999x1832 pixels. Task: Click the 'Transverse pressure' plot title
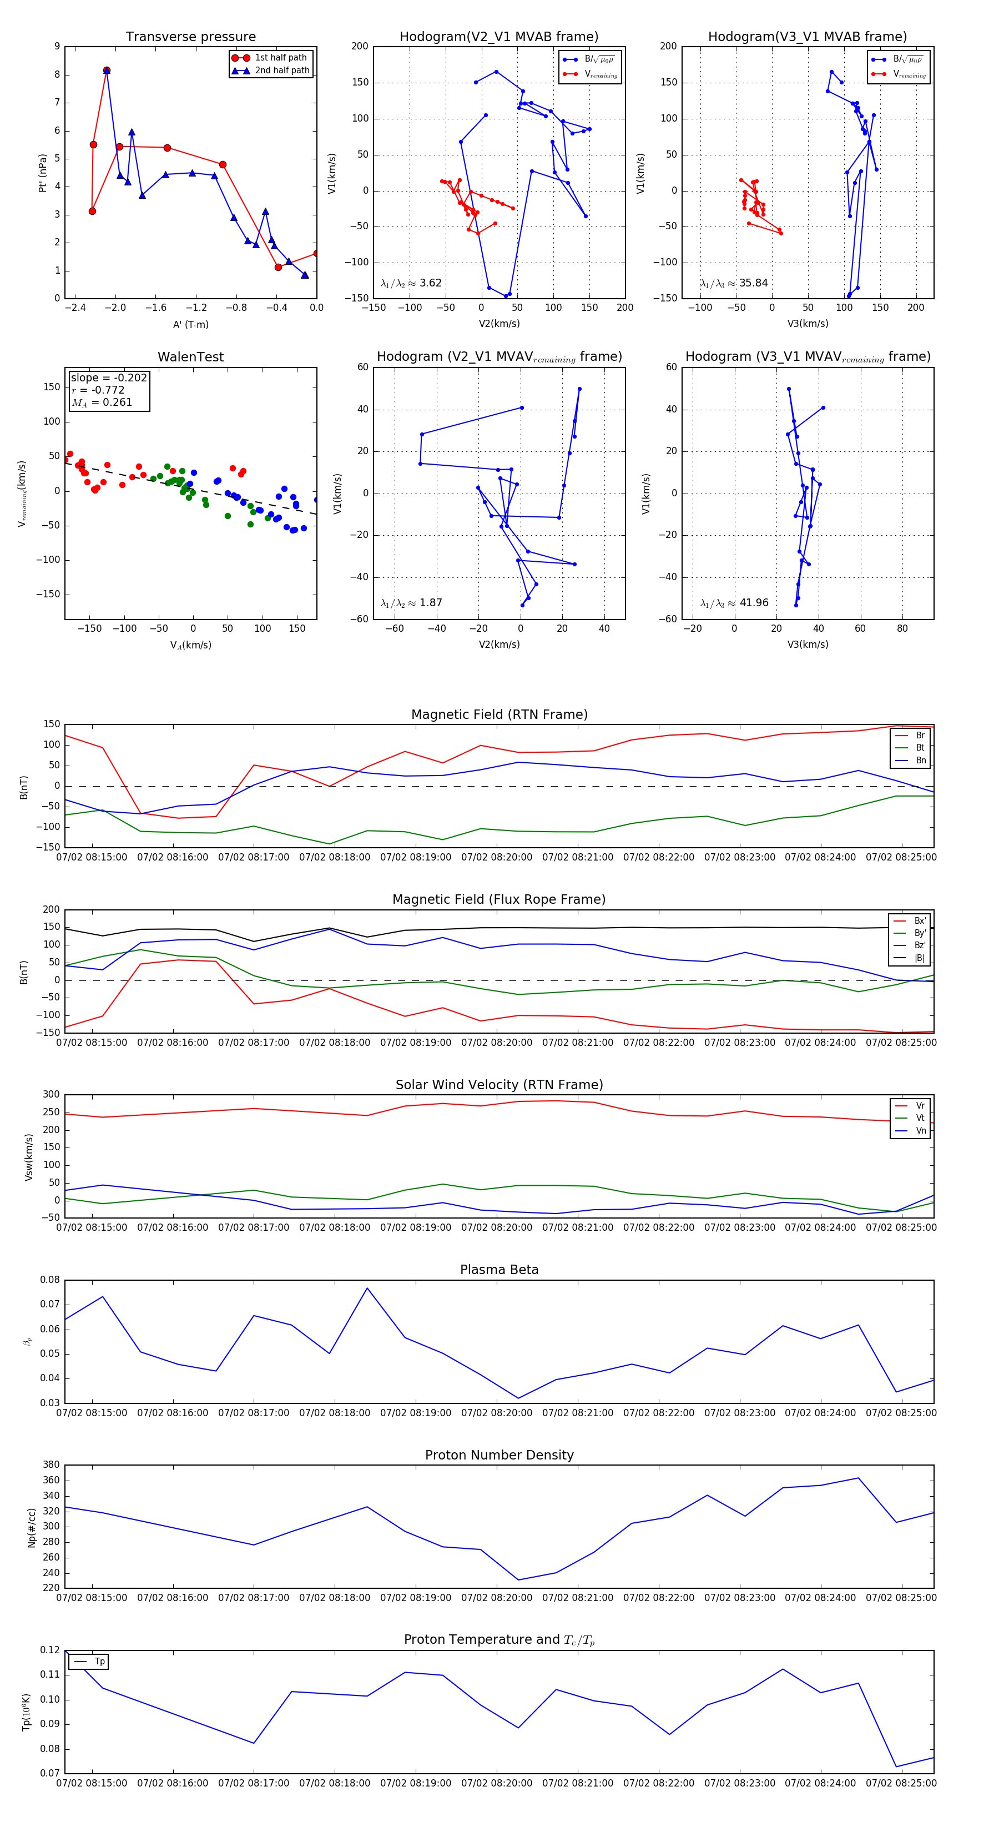click(x=190, y=37)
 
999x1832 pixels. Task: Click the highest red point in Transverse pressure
click(x=107, y=71)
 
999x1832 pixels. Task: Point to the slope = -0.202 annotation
click(x=109, y=378)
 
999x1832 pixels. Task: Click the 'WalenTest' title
click(x=190, y=357)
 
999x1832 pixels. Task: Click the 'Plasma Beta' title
click(x=499, y=1270)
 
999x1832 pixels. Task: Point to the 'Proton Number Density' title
click(x=499, y=1454)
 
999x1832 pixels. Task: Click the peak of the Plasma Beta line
click(x=367, y=1287)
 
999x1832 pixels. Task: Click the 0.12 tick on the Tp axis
click(x=50, y=1649)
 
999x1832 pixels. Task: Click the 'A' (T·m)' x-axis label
click(x=190, y=324)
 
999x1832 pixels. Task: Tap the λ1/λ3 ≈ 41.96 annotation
click(x=734, y=602)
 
